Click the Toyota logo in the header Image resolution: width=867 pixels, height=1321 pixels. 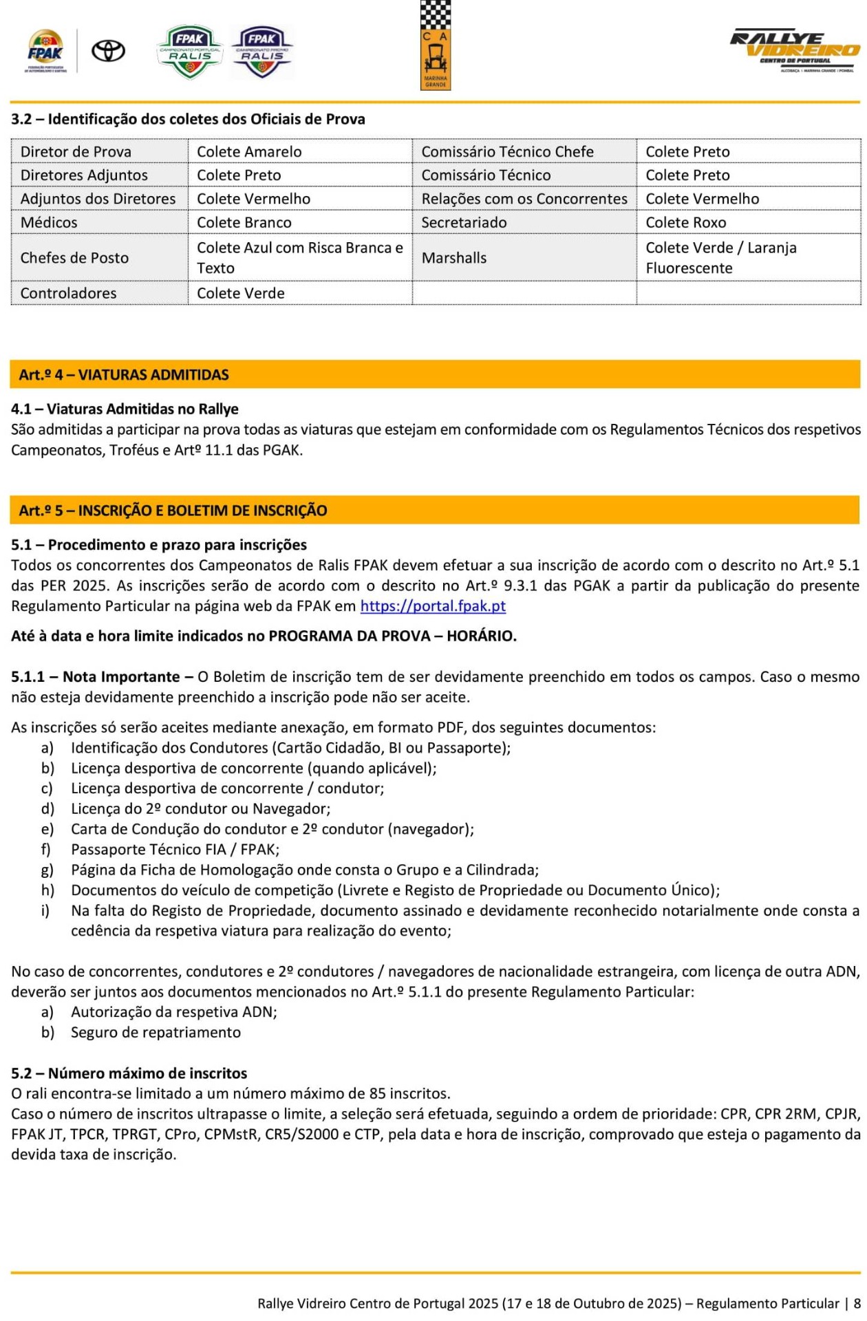point(109,51)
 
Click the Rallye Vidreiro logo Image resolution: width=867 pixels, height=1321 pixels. point(795,51)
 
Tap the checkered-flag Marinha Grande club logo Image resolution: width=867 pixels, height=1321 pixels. point(435,45)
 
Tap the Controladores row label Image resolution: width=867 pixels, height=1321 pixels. point(68,293)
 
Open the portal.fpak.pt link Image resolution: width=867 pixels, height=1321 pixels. point(433,606)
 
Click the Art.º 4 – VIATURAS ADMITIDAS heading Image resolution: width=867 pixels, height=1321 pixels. point(124,375)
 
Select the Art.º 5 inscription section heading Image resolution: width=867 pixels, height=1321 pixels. point(173,511)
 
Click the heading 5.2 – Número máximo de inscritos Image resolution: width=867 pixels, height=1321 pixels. point(129,1073)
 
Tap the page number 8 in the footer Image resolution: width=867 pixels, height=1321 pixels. point(857,1303)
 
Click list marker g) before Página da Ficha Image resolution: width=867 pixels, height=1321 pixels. point(47,870)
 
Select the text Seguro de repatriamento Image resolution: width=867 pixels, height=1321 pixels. point(156,1032)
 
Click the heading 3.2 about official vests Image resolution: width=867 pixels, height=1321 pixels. point(188,119)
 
